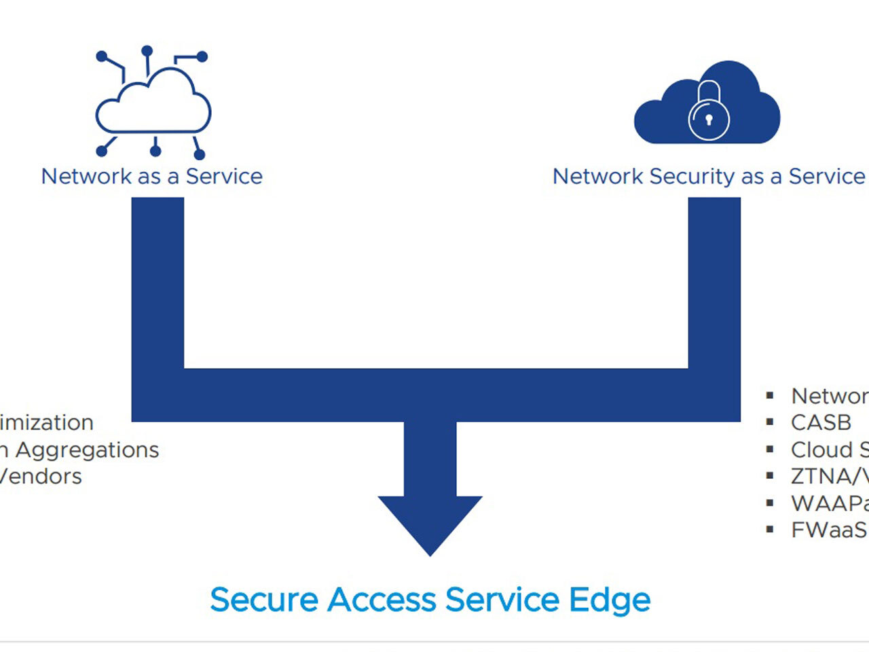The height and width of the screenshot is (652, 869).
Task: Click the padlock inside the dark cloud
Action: click(x=709, y=112)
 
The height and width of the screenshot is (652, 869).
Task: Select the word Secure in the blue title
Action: click(x=264, y=600)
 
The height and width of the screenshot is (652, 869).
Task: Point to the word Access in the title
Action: click(x=382, y=600)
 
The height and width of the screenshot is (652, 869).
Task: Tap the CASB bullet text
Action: click(x=821, y=422)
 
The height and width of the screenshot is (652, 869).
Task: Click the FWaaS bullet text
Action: click(x=828, y=530)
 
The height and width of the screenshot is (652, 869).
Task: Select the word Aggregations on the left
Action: click(x=87, y=450)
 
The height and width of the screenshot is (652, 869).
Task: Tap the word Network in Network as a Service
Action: click(x=86, y=177)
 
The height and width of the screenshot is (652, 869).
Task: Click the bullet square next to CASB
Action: click(x=770, y=422)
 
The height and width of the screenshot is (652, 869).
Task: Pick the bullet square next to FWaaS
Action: click(x=770, y=530)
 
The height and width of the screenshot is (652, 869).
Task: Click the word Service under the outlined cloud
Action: click(x=224, y=177)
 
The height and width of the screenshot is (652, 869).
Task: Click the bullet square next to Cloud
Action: click(x=770, y=450)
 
